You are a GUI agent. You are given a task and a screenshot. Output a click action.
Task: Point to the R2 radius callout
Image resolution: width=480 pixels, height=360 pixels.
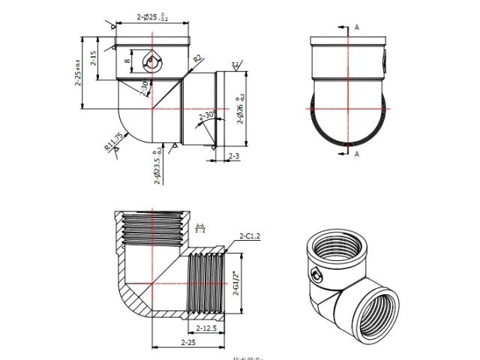[197, 58]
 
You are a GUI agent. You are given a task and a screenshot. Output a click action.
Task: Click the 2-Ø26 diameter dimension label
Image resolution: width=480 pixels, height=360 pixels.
[241, 109]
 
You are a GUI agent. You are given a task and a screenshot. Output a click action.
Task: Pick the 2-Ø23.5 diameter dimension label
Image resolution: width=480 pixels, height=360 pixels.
[157, 168]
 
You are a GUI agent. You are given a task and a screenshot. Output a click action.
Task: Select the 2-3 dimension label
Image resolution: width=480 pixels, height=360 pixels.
[232, 157]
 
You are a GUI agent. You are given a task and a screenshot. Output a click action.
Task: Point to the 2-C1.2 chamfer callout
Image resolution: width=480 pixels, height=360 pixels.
[249, 236]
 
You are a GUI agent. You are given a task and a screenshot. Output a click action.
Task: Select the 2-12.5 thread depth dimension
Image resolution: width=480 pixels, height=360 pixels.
[205, 328]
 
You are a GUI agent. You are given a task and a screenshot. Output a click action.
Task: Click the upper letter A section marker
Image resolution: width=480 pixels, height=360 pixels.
[357, 27]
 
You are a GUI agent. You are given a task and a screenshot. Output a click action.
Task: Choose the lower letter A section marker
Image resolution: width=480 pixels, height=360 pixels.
[357, 154]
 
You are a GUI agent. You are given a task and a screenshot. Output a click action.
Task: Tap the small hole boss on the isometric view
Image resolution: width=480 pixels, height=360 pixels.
[316, 274]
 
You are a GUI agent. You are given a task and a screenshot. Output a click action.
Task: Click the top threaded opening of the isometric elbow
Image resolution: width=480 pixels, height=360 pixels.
[337, 247]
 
